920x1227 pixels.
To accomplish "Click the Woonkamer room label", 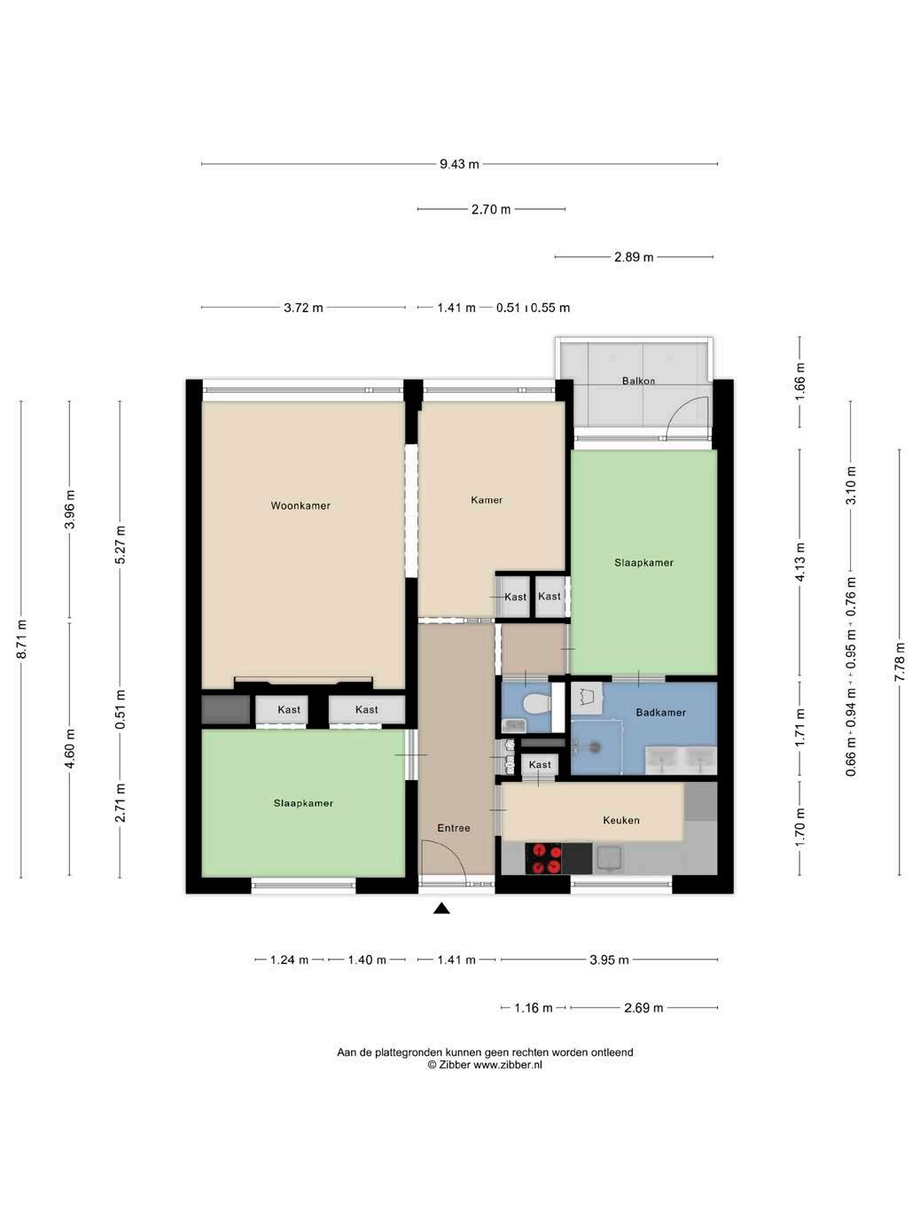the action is (300, 505).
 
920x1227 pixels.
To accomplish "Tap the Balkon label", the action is (638, 380).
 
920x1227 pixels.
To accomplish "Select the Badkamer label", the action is (661, 712).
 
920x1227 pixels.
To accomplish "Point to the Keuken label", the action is (621, 820).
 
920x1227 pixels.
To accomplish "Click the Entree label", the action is (454, 828).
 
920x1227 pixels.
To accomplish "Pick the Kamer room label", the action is (487, 500).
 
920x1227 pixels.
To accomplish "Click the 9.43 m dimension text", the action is (459, 164).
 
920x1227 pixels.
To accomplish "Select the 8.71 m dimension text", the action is (22, 639).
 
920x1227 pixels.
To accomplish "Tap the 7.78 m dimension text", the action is (899, 662).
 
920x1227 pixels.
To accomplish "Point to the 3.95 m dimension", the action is (609, 960).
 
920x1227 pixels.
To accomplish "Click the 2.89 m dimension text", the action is (634, 257).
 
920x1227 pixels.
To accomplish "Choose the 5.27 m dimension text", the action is (120, 545).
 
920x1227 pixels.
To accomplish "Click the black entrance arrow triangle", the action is (442, 909).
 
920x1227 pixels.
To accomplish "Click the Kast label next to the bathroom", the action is (540, 764).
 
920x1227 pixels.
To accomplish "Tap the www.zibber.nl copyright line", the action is (485, 1065).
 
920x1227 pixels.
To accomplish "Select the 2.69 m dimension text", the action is (643, 1008).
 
